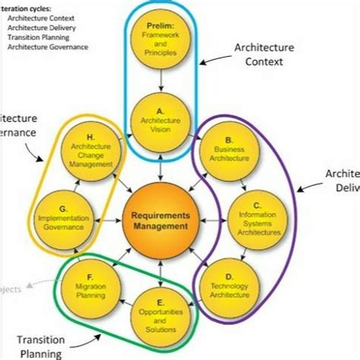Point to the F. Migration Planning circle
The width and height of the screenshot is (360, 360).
click(x=90, y=282)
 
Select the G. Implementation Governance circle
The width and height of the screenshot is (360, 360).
click(x=65, y=216)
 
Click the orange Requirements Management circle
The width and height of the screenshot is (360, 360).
click(x=160, y=219)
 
